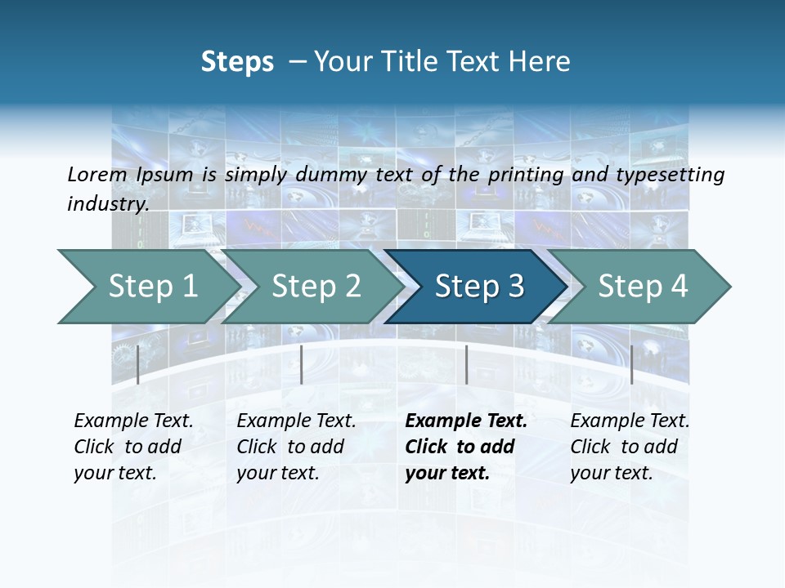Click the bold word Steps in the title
click(x=237, y=62)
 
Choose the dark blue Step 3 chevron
click(x=479, y=286)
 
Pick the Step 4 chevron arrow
click(x=643, y=286)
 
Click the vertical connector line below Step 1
click(x=138, y=364)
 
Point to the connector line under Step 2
click(x=302, y=364)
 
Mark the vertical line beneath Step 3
click(x=466, y=364)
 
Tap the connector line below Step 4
click(x=632, y=364)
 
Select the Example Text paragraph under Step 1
click(x=133, y=447)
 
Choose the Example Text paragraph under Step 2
click(x=296, y=447)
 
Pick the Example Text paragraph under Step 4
click(x=630, y=447)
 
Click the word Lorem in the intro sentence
click(x=96, y=174)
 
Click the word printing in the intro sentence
click(x=525, y=174)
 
